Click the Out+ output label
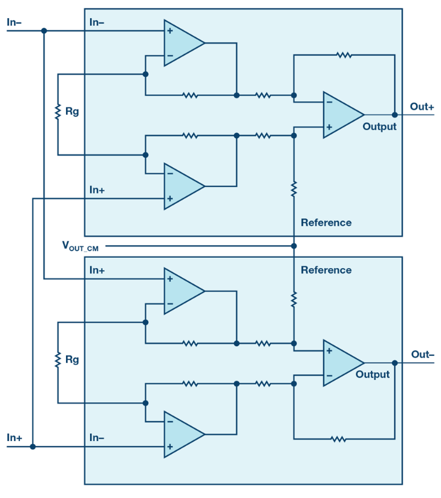tap(422, 106)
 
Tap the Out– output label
tap(422, 354)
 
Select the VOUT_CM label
tap(80, 246)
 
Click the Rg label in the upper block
tap(72, 111)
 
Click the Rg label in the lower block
tap(72, 359)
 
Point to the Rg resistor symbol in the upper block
tap(58, 112)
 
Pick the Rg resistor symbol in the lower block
tap(58, 360)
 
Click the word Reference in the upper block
tap(326, 223)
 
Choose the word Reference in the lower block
tap(326, 270)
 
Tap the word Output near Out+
tap(379, 126)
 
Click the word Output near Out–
tap(373, 375)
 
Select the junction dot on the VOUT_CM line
tap(294, 246)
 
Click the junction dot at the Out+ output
tap(394, 114)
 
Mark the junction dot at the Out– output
tap(394, 362)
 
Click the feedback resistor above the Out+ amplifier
tap(344, 55)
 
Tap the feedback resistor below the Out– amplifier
tap(338, 439)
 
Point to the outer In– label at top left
tap(14, 22)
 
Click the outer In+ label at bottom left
tap(15, 437)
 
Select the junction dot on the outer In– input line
tap(44, 31)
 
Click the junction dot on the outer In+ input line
tap(33, 447)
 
